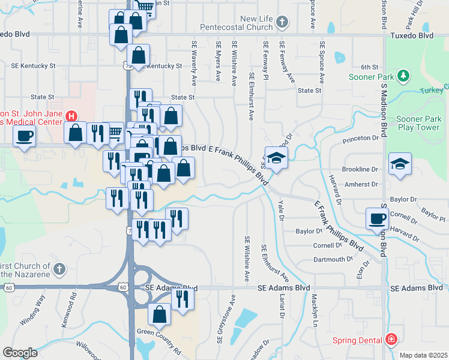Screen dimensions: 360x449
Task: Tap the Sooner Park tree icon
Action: pos(404,76)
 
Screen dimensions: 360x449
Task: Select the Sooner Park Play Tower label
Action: pos(418,123)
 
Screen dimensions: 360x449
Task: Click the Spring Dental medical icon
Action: pos(391,340)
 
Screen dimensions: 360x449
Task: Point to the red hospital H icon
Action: pos(71,116)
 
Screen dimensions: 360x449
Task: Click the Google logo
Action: pos(20,352)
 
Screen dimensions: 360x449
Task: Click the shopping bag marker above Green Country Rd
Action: pos(159,314)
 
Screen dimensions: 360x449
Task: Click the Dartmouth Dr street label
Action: pos(333,259)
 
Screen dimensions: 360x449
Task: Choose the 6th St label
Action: pos(369,67)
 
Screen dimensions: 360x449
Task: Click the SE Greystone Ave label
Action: pos(233,307)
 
